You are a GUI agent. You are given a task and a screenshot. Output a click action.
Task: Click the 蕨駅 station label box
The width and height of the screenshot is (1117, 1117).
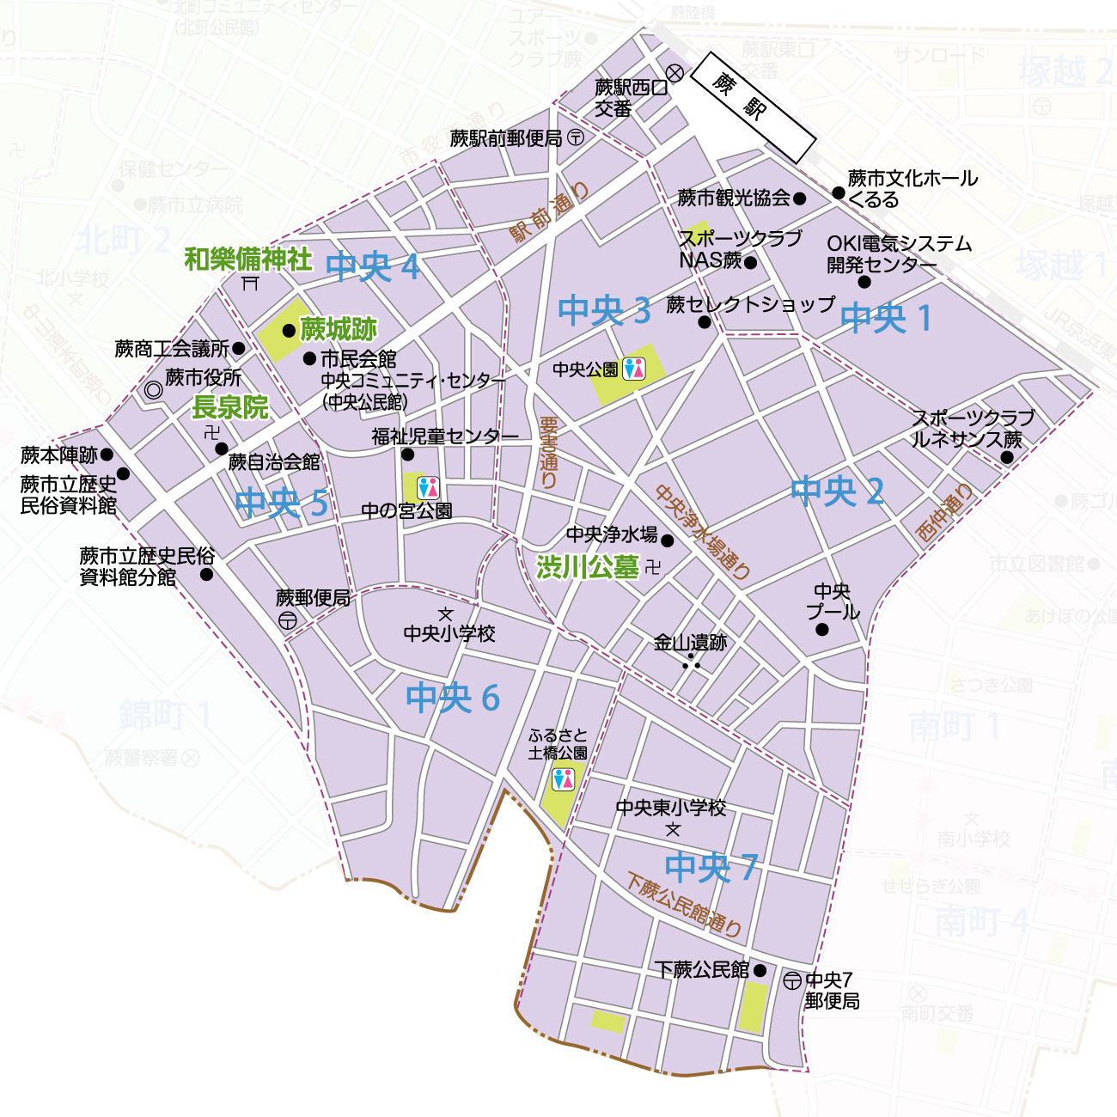coord(754,107)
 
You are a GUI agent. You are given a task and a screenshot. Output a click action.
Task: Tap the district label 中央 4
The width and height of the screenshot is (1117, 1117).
coord(373,267)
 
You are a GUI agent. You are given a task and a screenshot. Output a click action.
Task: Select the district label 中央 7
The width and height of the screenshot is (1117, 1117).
coord(711,867)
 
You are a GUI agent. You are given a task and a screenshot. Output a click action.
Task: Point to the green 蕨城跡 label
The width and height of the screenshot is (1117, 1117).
coord(338,329)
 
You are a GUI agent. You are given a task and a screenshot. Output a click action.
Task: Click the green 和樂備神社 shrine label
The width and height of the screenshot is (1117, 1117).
coord(248,259)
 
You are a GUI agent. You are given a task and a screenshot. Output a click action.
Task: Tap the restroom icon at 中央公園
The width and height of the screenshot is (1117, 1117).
coord(634,368)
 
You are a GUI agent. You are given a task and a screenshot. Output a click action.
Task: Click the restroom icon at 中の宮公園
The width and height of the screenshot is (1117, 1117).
coord(428,487)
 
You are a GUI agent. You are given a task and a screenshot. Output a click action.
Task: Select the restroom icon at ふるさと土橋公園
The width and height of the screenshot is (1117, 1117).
coord(563,779)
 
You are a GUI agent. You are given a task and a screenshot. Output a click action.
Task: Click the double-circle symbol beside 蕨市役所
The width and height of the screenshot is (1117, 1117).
coord(154,390)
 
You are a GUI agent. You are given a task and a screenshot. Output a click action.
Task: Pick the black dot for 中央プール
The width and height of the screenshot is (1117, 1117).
coord(822,630)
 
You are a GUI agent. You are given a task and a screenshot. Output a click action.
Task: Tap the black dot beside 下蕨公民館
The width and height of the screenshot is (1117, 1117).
coord(759,971)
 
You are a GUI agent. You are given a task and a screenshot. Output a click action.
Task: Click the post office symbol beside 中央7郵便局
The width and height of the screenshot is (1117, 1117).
coord(792,980)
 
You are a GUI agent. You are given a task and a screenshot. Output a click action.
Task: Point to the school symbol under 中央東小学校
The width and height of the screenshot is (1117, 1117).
coord(673,829)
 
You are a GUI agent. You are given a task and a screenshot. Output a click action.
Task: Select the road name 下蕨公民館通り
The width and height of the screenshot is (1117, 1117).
coord(684,905)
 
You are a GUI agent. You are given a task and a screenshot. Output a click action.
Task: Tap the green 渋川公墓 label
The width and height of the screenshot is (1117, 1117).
coord(588,567)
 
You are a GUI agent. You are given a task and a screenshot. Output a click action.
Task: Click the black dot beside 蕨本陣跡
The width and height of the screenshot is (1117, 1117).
coord(107,455)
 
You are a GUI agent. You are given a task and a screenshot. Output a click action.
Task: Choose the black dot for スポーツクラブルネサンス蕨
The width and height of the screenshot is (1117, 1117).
coord(1006,457)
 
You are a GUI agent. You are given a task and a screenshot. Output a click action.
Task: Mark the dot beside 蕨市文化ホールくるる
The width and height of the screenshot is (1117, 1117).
coord(839,192)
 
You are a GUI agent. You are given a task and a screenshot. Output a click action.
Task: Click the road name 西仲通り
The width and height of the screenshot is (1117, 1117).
coord(944,512)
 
